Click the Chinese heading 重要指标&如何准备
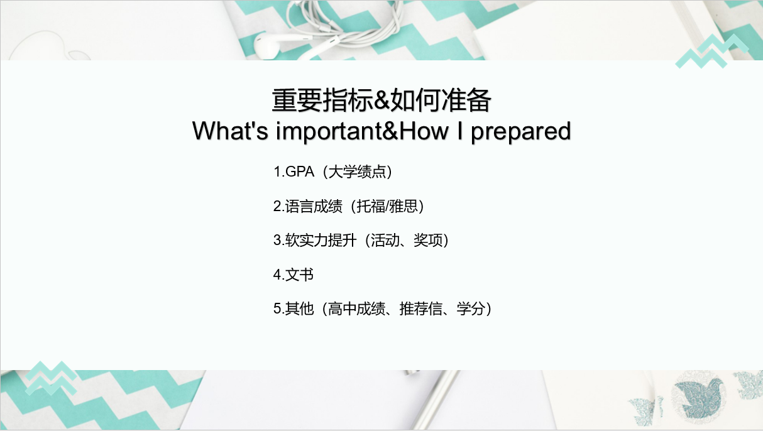(381, 100)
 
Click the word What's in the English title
(230, 131)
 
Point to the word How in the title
(424, 131)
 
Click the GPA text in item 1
(300, 172)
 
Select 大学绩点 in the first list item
(358, 172)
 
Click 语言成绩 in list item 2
(314, 206)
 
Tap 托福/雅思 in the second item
(387, 206)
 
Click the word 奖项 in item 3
(428, 241)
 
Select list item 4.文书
(294, 275)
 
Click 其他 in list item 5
(299, 308)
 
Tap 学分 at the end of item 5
(471, 308)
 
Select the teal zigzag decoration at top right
(711, 52)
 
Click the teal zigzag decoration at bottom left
(51, 378)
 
